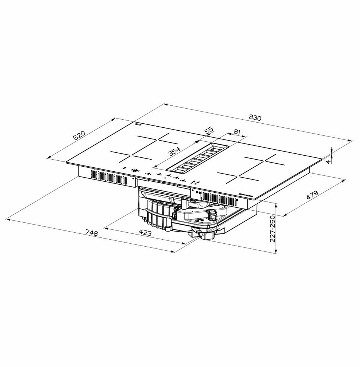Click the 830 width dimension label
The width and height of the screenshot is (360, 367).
[x=255, y=118]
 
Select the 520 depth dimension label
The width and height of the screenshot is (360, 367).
[x=79, y=135]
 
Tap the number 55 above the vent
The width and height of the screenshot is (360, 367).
[x=209, y=131]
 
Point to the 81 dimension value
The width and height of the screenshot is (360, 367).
[x=237, y=131]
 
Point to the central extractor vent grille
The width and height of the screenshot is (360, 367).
[x=197, y=159]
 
